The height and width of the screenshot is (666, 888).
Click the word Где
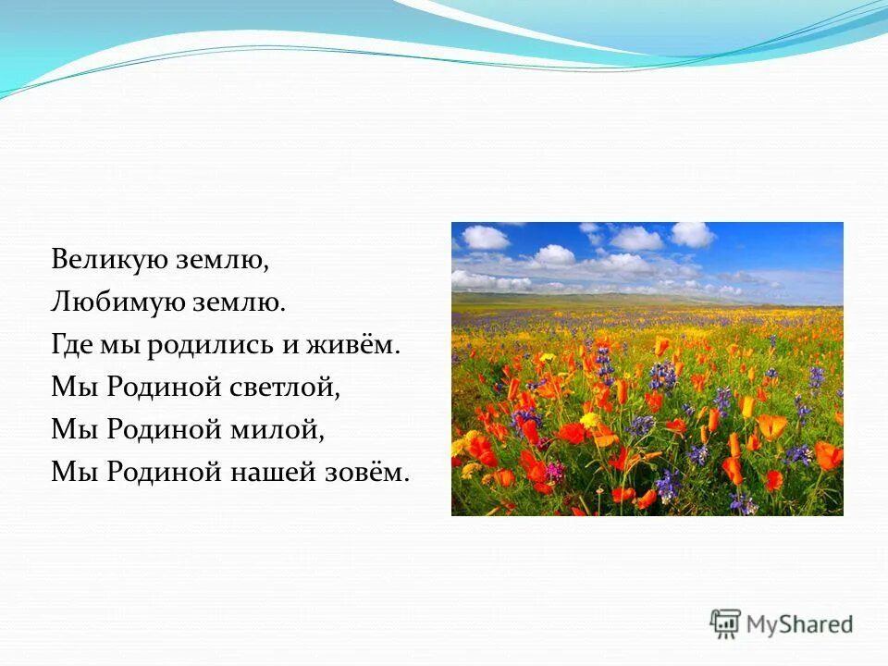(x=70, y=346)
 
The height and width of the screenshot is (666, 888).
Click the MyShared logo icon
(x=726, y=623)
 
